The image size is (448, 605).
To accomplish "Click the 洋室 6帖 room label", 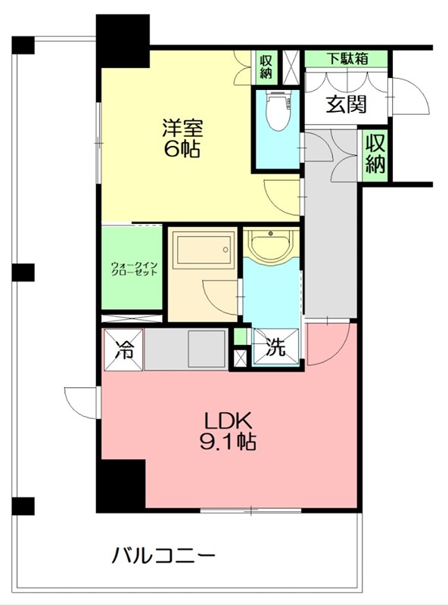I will pyautogui.click(x=182, y=138).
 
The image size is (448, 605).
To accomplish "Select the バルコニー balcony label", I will pyautogui.click(x=164, y=557).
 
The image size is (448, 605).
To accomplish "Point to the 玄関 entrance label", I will pyautogui.click(x=346, y=104).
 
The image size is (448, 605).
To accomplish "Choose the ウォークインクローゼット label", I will pyautogui.click(x=133, y=268).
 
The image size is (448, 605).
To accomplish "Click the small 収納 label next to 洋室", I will pyautogui.click(x=266, y=67).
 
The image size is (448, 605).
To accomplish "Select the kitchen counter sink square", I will pyautogui.click(x=207, y=349).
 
